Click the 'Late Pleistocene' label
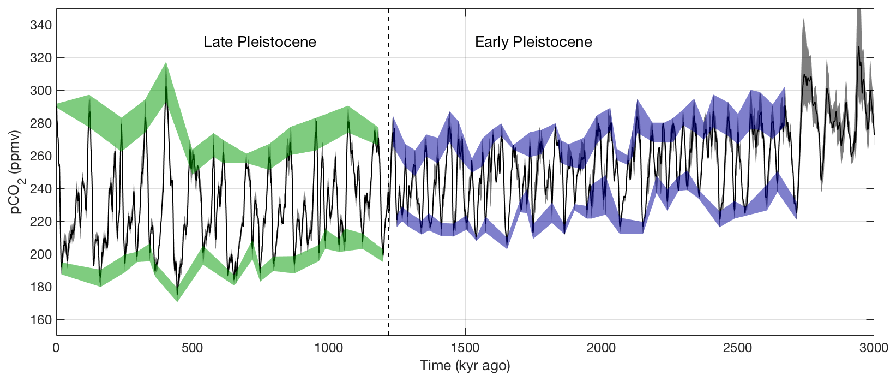(260, 42)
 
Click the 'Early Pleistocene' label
(533, 42)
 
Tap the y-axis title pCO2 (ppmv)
(16, 172)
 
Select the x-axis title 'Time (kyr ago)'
(465, 366)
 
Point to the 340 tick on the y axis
(41, 25)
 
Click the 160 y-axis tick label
(41, 320)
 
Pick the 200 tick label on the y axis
(41, 254)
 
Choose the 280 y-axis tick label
(41, 123)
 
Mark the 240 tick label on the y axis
(41, 189)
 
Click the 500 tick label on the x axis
(193, 348)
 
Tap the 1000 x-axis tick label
(329, 348)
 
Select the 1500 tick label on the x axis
(465, 348)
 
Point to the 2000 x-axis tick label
(602, 348)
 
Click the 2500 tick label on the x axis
(738, 348)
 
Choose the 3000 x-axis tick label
(874, 348)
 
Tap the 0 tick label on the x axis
(56, 348)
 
